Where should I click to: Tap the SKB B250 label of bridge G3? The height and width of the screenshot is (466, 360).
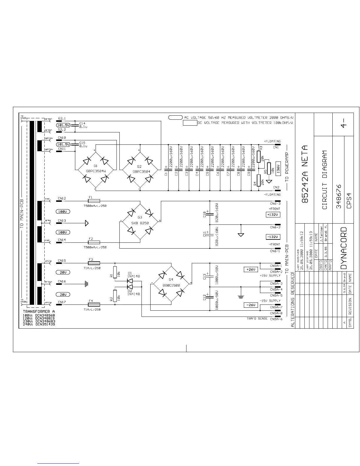coord(140,223)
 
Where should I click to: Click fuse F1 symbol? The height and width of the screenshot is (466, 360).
coord(94,201)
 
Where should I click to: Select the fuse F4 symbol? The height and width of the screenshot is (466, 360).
coord(94,304)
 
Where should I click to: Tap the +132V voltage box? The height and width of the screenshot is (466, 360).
coord(273,215)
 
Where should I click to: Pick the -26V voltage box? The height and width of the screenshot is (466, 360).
coord(251,305)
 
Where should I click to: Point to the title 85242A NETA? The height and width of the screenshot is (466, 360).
coord(306,174)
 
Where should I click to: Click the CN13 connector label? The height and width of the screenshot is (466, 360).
coord(62,221)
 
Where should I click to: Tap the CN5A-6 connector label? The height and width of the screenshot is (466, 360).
coord(276,319)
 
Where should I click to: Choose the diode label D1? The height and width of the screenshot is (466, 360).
coord(130,273)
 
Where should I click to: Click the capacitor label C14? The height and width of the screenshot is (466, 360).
coord(82,124)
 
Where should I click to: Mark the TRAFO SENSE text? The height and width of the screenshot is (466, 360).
coord(257,319)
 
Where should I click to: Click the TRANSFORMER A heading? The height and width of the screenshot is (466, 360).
coord(39,311)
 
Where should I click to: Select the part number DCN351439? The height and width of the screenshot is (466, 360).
coord(45,324)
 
